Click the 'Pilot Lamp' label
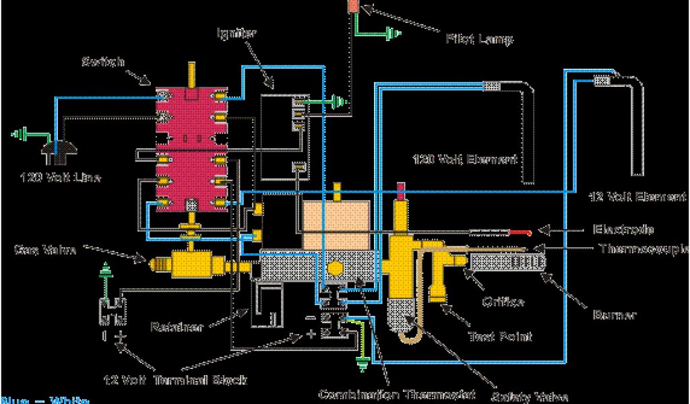pyautogui.click(x=480, y=39)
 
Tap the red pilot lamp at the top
pyautogui.click(x=353, y=6)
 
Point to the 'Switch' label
pyautogui.click(x=102, y=62)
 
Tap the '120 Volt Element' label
pyautogui.click(x=465, y=160)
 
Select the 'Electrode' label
pyautogui.click(x=623, y=229)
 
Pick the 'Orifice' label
pyautogui.click(x=503, y=302)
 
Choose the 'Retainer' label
pyautogui.click(x=177, y=328)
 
